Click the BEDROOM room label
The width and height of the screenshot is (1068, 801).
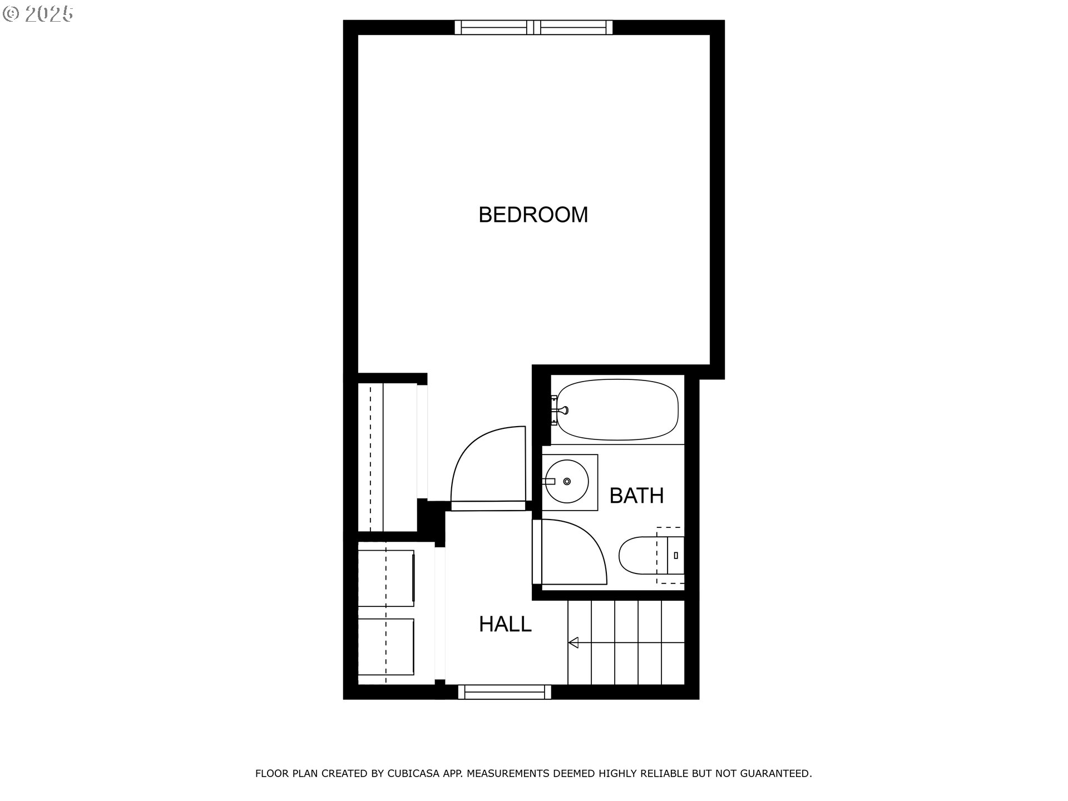pyautogui.click(x=533, y=215)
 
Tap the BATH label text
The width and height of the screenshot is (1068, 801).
pyautogui.click(x=636, y=495)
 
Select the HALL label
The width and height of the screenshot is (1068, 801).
pyautogui.click(x=505, y=624)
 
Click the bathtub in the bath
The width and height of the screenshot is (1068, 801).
pyautogui.click(x=617, y=410)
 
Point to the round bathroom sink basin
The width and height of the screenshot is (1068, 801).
pyautogui.click(x=567, y=481)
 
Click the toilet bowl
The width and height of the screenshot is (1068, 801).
pyautogui.click(x=637, y=555)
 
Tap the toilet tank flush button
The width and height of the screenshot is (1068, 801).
pyautogui.click(x=676, y=555)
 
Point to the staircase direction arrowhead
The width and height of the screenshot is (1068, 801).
pyautogui.click(x=573, y=642)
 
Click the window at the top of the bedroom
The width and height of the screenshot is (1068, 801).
pyautogui.click(x=533, y=27)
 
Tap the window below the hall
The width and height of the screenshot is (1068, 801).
pyautogui.click(x=505, y=692)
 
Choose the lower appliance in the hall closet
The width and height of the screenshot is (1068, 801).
pyautogui.click(x=386, y=646)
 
